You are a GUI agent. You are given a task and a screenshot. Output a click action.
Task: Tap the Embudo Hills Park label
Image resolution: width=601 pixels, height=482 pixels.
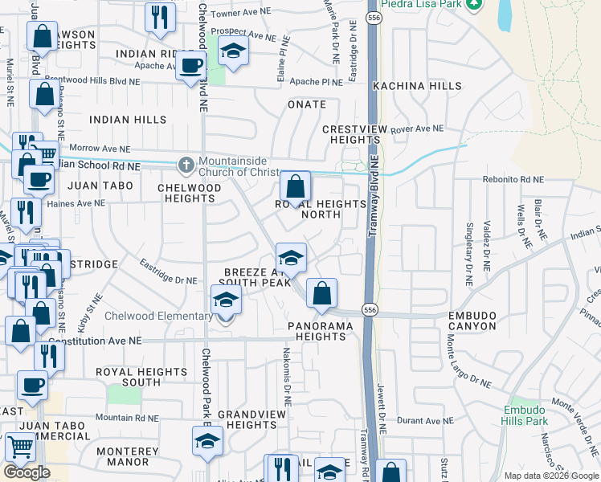525,415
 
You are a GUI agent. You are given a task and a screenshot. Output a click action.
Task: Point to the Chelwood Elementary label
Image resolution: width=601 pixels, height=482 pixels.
159,316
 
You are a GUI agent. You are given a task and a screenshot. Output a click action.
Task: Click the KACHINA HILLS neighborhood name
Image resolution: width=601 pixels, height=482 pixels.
418,86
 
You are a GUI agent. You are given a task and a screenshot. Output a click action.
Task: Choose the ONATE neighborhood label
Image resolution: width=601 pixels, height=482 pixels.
307,104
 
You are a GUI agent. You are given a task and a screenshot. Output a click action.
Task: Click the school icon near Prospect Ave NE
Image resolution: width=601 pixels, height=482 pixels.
233,51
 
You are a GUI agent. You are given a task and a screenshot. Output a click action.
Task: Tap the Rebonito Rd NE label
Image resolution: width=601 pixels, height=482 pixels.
513,180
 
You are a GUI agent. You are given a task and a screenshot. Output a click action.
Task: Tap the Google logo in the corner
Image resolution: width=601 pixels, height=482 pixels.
27,472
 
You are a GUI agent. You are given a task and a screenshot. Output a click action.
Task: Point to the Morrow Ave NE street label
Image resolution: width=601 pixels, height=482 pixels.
100,148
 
